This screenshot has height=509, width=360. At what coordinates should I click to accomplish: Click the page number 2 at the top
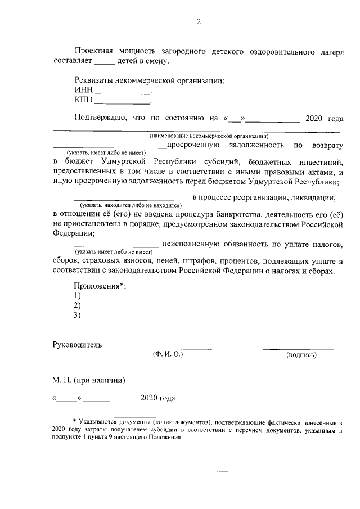(x=198, y=22)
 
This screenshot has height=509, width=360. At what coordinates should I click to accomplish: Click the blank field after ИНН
(x=123, y=92)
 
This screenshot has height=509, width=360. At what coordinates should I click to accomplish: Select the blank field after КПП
(x=122, y=102)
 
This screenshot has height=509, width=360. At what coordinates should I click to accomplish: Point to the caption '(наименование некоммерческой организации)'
(x=209, y=136)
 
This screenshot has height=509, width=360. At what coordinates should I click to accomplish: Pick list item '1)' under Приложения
(x=78, y=296)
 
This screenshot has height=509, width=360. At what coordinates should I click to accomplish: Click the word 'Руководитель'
(x=77, y=345)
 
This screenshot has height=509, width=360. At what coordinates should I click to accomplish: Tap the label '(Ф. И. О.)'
(x=168, y=355)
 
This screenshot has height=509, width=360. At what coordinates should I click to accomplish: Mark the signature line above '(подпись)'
(x=302, y=349)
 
